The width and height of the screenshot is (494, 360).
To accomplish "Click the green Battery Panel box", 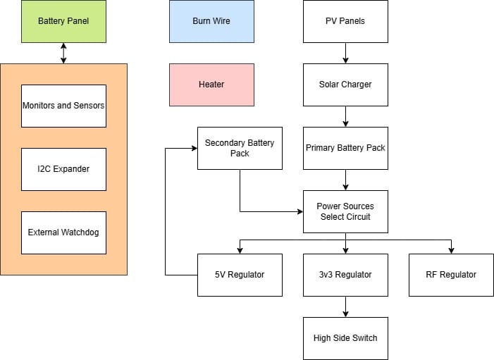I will coord(63,21).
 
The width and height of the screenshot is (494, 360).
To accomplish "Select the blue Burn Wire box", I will coord(211,21).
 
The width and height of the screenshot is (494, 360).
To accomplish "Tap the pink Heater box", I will coord(211,85).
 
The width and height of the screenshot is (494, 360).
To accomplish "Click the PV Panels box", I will coord(345,21).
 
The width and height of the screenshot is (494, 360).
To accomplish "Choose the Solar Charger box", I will coord(345,85).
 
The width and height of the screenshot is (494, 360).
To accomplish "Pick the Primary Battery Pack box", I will coord(345,148).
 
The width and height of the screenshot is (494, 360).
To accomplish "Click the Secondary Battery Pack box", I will coord(240,148).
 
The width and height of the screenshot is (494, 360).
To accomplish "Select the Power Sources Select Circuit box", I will coord(345,211).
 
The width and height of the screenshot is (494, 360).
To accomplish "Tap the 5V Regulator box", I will coord(240,275).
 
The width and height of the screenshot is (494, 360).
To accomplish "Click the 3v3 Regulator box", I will coord(345,275).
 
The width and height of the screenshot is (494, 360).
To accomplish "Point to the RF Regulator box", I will coord(451,275).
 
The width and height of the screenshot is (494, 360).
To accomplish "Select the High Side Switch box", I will coord(345,338).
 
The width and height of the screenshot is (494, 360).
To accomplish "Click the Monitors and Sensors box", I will coord(63,106).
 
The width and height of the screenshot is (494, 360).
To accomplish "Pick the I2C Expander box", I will coord(63,169).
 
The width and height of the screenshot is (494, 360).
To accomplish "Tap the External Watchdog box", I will coord(63,232).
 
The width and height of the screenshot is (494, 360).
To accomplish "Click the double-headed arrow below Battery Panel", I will coord(63,53).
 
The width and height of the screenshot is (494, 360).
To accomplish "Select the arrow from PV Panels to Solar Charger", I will coord(345,53).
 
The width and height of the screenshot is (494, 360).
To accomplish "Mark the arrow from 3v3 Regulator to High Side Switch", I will coord(345,306).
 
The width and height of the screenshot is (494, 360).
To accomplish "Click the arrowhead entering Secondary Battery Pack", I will coord(194,148).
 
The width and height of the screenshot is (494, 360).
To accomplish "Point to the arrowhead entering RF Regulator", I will coord(451,250).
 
